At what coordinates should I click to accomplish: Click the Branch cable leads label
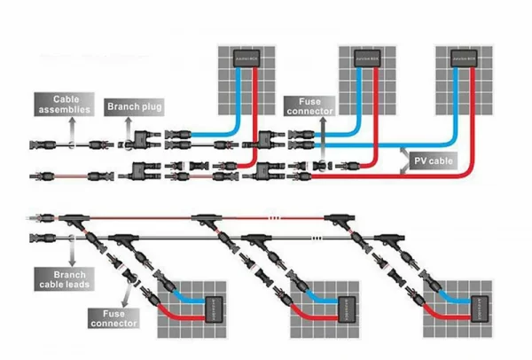(x=63, y=280)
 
